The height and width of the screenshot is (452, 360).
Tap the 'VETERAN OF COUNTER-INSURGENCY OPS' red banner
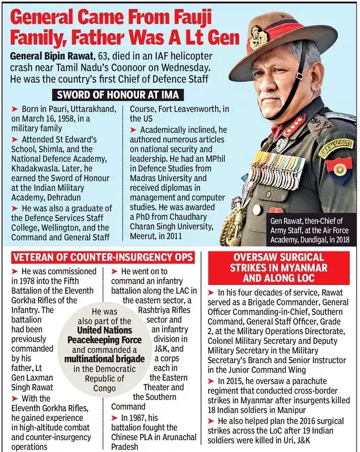(103, 257)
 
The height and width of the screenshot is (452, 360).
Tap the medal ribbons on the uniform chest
(278, 169)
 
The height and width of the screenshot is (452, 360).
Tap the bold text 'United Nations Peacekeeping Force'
(105, 335)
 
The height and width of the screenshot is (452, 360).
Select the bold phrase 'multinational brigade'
(105, 359)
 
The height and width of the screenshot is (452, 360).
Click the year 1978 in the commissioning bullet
(24, 281)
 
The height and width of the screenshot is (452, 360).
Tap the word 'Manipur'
(323, 409)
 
